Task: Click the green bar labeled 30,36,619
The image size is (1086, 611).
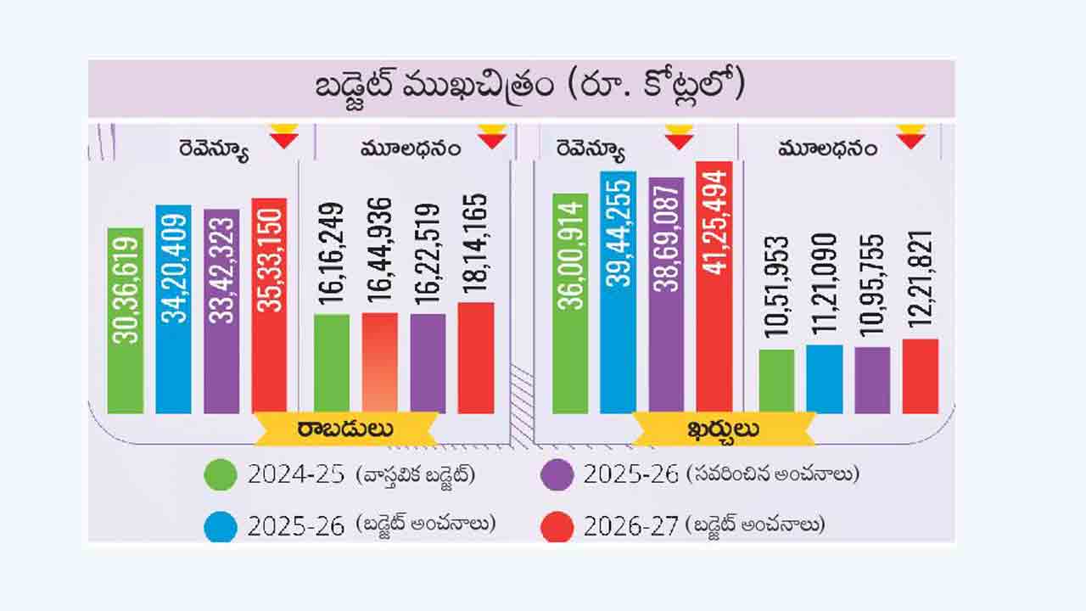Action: [x=126, y=321]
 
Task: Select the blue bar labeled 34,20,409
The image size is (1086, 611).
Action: [x=173, y=309]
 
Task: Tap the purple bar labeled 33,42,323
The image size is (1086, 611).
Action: [x=221, y=311]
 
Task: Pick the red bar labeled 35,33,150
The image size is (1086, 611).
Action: [x=269, y=306]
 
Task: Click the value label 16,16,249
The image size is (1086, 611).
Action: [x=332, y=255]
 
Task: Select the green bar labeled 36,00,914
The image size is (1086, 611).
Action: [x=570, y=304]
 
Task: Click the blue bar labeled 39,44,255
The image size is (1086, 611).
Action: [x=618, y=293]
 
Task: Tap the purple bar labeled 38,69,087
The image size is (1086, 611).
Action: [x=666, y=295]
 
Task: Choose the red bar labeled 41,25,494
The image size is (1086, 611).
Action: [x=714, y=288]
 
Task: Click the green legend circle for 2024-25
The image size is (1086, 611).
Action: [x=221, y=474]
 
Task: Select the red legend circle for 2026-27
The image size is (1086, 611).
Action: [x=557, y=527]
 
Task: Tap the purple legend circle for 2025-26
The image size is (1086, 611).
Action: [x=557, y=474]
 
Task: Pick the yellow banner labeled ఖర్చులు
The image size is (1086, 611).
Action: [x=724, y=429]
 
